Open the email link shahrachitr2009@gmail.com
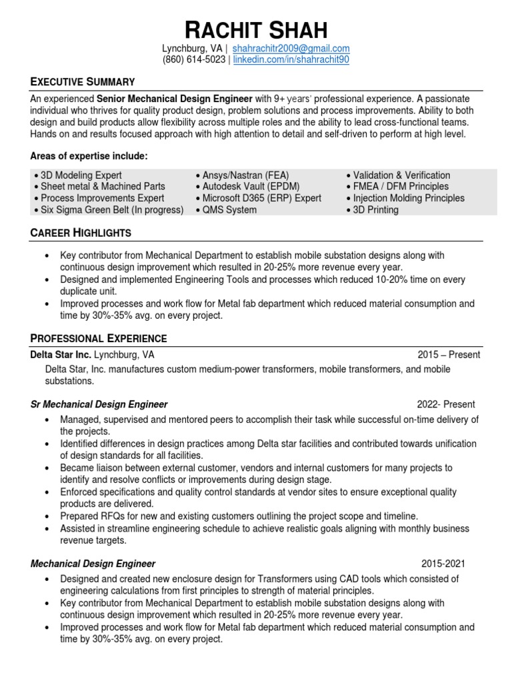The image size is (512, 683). click(x=291, y=49)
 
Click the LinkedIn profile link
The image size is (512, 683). click(x=291, y=60)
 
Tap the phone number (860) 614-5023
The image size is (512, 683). click(x=194, y=60)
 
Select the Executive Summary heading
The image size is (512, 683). click(x=83, y=81)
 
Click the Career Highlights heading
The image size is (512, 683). click(x=81, y=233)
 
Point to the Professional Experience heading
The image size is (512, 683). click(x=99, y=338)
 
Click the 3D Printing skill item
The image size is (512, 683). click(x=375, y=210)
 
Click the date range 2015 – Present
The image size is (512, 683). click(x=449, y=355)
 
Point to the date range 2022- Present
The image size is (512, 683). click(x=446, y=404)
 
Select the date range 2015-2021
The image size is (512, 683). click(x=450, y=564)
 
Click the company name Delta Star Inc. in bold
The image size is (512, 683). click(x=61, y=355)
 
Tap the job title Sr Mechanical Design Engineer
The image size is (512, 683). click(x=99, y=404)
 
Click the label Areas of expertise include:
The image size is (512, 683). click(x=89, y=156)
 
